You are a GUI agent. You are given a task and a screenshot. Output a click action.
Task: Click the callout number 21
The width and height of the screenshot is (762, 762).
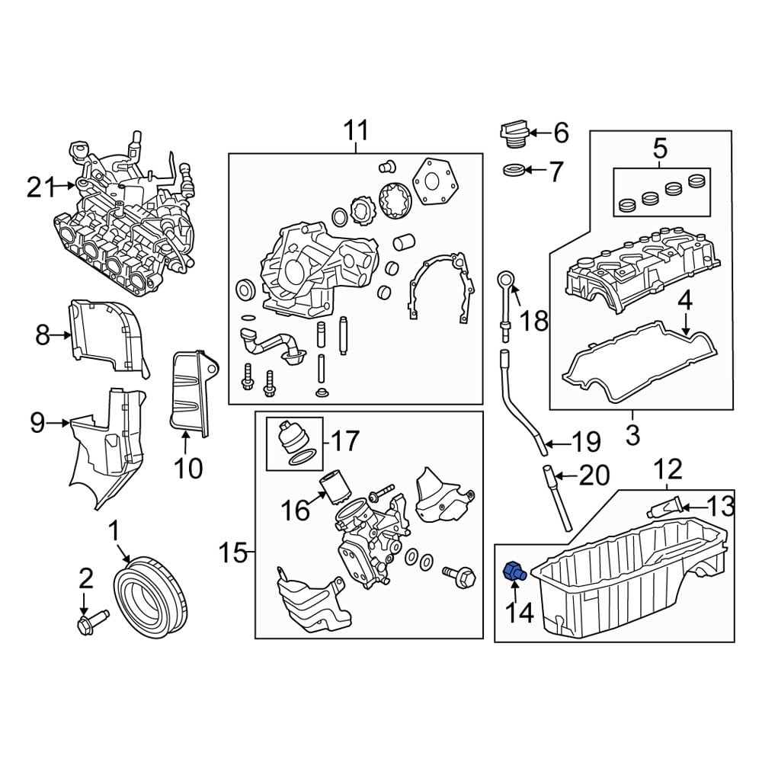coord(42,187)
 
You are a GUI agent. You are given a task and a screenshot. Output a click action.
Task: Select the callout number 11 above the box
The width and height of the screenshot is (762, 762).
coord(355,131)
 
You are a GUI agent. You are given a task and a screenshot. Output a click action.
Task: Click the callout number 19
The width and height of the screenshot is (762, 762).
coord(585,442)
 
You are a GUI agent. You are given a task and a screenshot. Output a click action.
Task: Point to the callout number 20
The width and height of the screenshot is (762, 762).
coord(594,476)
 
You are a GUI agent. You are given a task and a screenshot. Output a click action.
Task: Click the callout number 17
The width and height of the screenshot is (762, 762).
coord(344,440)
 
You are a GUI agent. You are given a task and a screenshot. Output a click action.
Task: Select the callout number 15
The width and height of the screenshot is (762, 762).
coord(235,552)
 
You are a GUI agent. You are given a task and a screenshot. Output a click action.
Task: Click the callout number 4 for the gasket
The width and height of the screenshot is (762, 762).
coord(685,301)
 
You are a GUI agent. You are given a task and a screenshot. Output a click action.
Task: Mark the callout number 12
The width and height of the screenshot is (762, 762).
coord(667,466)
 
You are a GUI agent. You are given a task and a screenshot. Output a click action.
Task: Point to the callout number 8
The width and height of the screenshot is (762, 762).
coord(42,334)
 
